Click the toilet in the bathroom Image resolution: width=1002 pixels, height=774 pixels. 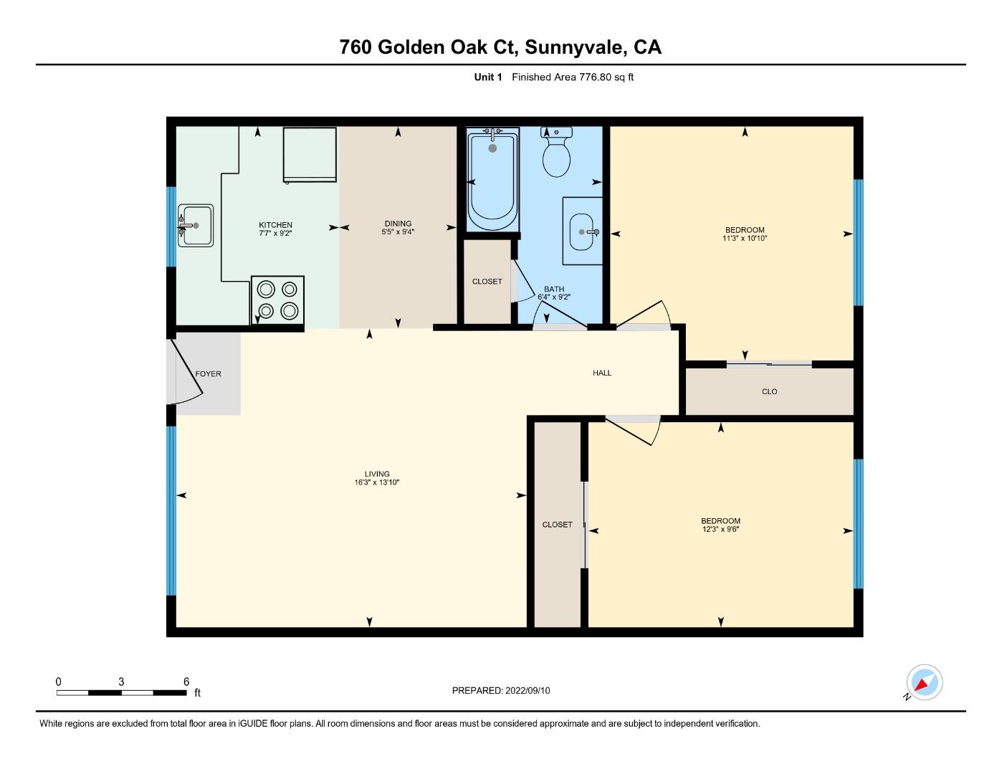556,153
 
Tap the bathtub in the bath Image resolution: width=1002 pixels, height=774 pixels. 492,179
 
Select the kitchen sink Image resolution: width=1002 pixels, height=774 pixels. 195,226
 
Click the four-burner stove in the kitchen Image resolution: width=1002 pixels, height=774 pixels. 277,300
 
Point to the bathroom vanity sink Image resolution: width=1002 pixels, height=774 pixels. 582,231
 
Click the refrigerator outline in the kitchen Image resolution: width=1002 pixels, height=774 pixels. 310,155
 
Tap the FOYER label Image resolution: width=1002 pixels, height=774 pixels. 208,374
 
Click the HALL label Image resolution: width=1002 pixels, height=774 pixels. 602,373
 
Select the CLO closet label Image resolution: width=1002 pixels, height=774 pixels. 769,392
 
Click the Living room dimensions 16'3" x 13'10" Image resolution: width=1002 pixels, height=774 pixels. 377,483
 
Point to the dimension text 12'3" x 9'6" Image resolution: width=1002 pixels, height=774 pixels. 720,530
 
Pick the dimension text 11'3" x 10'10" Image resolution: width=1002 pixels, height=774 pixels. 745,239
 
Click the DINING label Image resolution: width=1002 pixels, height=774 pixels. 398,224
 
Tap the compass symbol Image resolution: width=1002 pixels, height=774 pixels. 924,682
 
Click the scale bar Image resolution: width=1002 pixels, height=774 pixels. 122,692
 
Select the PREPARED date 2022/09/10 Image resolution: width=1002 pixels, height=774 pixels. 527,691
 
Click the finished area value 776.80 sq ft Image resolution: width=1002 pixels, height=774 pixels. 606,77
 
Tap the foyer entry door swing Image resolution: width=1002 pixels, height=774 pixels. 186,373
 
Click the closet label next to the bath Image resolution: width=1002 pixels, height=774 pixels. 487,282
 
